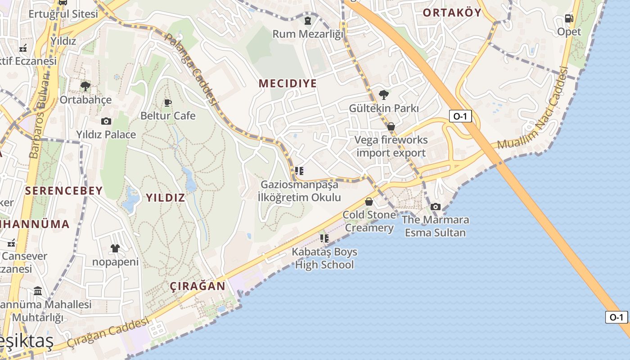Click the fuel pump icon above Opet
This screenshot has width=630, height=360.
(x=569, y=18)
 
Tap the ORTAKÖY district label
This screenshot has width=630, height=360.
(x=452, y=13)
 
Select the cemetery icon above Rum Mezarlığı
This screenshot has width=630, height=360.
(x=307, y=20)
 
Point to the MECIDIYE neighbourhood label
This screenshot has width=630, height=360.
(x=288, y=83)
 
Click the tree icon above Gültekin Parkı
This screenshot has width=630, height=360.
(x=384, y=94)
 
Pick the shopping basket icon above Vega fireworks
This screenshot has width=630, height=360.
(x=391, y=126)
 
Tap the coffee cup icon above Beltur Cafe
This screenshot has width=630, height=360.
(x=168, y=103)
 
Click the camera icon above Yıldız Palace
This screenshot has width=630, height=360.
(x=106, y=121)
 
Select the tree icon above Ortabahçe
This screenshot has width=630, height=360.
(x=85, y=86)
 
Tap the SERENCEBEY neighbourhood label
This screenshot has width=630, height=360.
(x=64, y=191)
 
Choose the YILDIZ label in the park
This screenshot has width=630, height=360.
(x=165, y=198)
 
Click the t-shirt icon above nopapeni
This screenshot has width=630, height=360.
(x=115, y=248)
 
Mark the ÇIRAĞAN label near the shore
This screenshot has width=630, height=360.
(x=198, y=286)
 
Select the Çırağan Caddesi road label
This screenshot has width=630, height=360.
(x=108, y=333)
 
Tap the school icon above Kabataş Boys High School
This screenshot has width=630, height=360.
(x=324, y=238)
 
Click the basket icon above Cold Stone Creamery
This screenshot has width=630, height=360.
(x=369, y=201)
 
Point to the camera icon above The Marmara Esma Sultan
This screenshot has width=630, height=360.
(x=435, y=207)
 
